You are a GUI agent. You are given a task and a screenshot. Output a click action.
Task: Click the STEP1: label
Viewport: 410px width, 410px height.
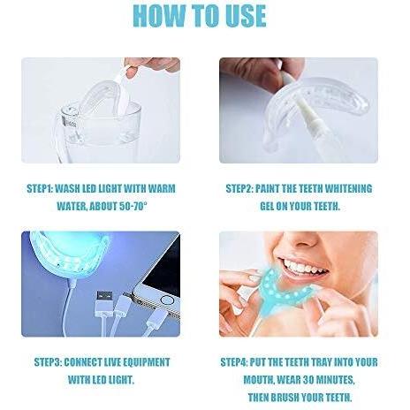pyautogui.click(x=39, y=188)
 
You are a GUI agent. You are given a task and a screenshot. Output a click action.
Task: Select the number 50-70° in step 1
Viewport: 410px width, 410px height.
pyautogui.click(x=133, y=206)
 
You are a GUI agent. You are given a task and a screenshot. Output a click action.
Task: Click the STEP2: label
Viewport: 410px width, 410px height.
pyautogui.click(x=239, y=188)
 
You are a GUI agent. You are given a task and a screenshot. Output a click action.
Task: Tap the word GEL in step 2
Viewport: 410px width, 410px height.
pyautogui.click(x=267, y=206)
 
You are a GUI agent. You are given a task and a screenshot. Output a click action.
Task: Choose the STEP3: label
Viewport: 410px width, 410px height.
pyautogui.click(x=48, y=362)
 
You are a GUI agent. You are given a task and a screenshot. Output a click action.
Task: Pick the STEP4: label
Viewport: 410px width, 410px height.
pyautogui.click(x=234, y=362)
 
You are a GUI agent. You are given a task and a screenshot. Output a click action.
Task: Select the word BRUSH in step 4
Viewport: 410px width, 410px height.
pyautogui.click(x=285, y=398)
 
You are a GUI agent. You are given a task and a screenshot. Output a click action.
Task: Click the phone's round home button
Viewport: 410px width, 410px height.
pyautogui.click(x=167, y=300)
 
